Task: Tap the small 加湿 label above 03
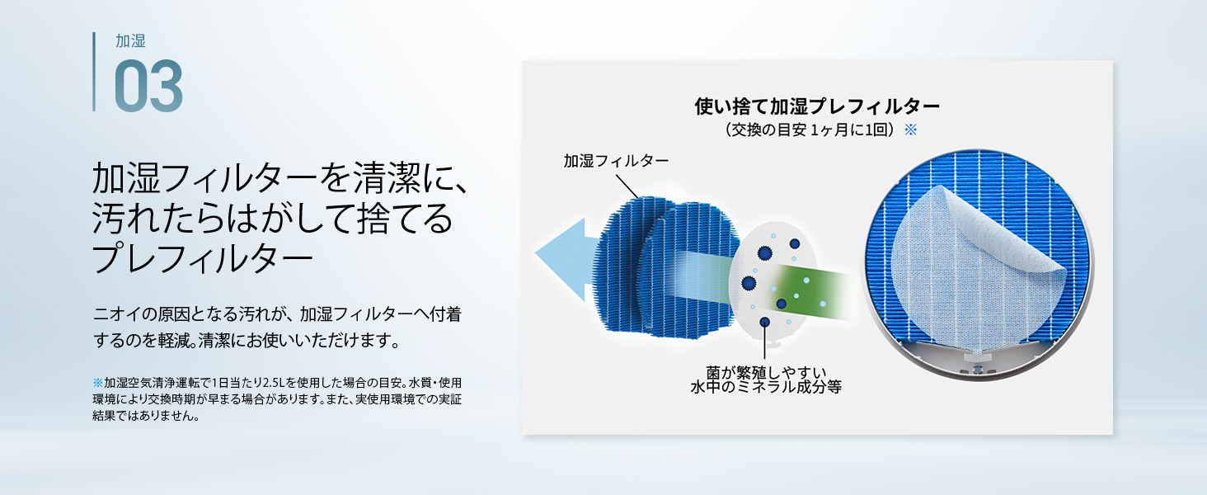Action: (x=130, y=41)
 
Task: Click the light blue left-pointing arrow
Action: (x=566, y=260)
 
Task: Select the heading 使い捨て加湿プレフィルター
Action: (x=817, y=106)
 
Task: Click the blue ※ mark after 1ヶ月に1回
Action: (x=911, y=130)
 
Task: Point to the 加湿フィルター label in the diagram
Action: (x=616, y=161)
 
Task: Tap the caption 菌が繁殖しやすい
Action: (x=766, y=372)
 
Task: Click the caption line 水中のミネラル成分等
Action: (x=766, y=387)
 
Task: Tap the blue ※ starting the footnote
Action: (x=97, y=383)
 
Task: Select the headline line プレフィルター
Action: (x=202, y=258)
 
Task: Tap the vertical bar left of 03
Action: (x=94, y=72)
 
